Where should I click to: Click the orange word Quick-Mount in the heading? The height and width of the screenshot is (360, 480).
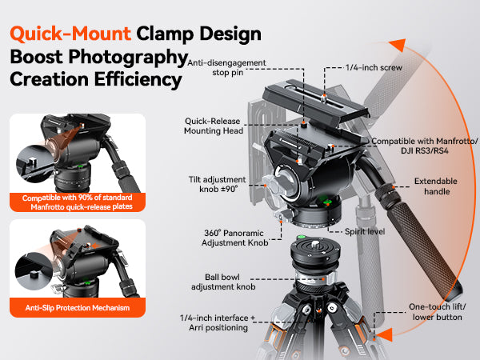[70, 34]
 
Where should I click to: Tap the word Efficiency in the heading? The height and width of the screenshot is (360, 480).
[138, 79]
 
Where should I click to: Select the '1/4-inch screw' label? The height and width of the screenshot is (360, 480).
[374, 67]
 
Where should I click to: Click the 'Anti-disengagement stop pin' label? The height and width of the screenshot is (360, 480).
[226, 68]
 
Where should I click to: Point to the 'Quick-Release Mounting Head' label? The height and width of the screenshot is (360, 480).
[214, 126]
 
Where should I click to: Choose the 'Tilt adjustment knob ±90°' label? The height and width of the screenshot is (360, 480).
[217, 184]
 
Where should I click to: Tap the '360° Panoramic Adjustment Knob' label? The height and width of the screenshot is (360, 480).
[234, 238]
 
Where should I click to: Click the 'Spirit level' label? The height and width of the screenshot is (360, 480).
[365, 231]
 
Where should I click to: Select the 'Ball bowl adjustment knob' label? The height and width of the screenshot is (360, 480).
[223, 282]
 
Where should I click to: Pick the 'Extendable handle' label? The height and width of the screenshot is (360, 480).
[436, 186]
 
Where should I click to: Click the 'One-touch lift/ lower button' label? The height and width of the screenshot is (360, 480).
[437, 312]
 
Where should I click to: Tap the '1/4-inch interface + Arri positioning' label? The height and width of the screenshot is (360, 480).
[218, 322]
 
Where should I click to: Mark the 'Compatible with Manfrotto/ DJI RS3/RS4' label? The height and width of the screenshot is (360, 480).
[425, 146]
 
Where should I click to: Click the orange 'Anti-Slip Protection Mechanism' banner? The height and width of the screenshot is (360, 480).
[78, 308]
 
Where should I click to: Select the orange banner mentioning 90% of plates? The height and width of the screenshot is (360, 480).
[78, 202]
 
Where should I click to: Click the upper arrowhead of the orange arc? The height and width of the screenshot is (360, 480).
[398, 45]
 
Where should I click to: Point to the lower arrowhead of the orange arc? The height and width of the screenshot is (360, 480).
[385, 334]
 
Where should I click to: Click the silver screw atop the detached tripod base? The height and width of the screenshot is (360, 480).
[314, 244]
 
